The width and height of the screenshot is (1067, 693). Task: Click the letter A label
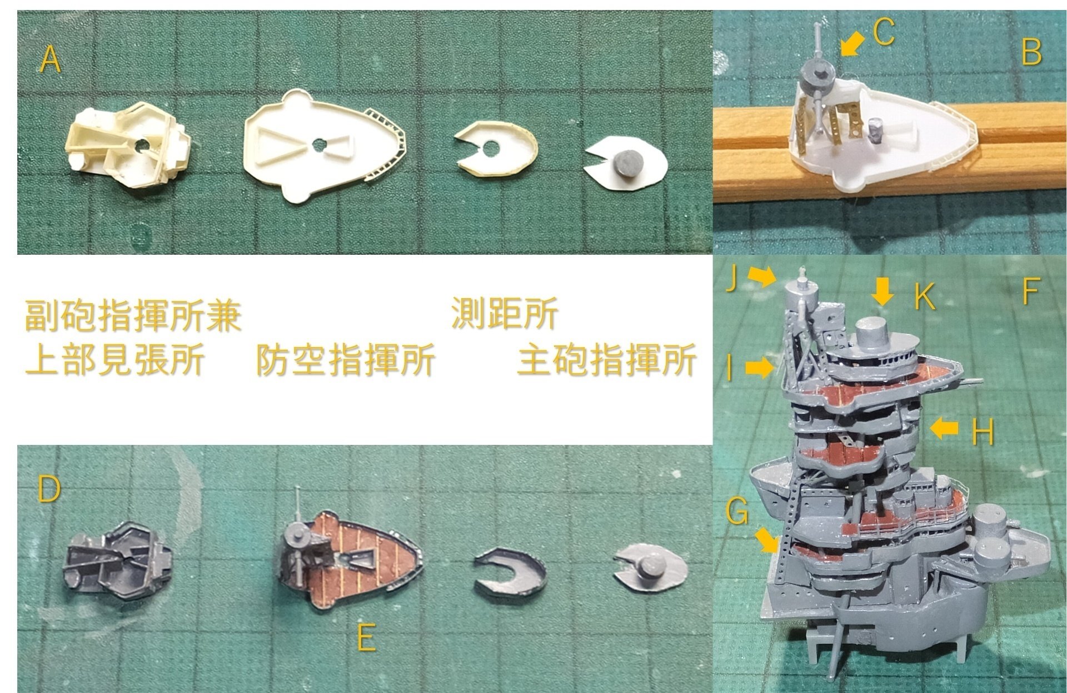pyautogui.click(x=50, y=60)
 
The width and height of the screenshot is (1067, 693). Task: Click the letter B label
pyautogui.click(x=1031, y=52)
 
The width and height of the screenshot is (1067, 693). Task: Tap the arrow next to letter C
pyautogui.click(x=852, y=43)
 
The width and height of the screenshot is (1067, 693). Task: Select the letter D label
pyautogui.click(x=49, y=490)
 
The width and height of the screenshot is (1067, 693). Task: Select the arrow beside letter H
pyautogui.click(x=944, y=428)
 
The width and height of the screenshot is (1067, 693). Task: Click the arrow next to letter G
pyautogui.click(x=767, y=540)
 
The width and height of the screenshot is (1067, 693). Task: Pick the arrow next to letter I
pyautogui.click(x=759, y=368)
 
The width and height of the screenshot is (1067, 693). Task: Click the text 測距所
pyautogui.click(x=505, y=314)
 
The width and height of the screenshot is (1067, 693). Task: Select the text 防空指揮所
pyautogui.click(x=345, y=360)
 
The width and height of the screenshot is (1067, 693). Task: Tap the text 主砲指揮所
pyautogui.click(x=606, y=360)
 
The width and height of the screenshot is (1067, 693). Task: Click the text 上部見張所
pyautogui.click(x=114, y=360)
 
